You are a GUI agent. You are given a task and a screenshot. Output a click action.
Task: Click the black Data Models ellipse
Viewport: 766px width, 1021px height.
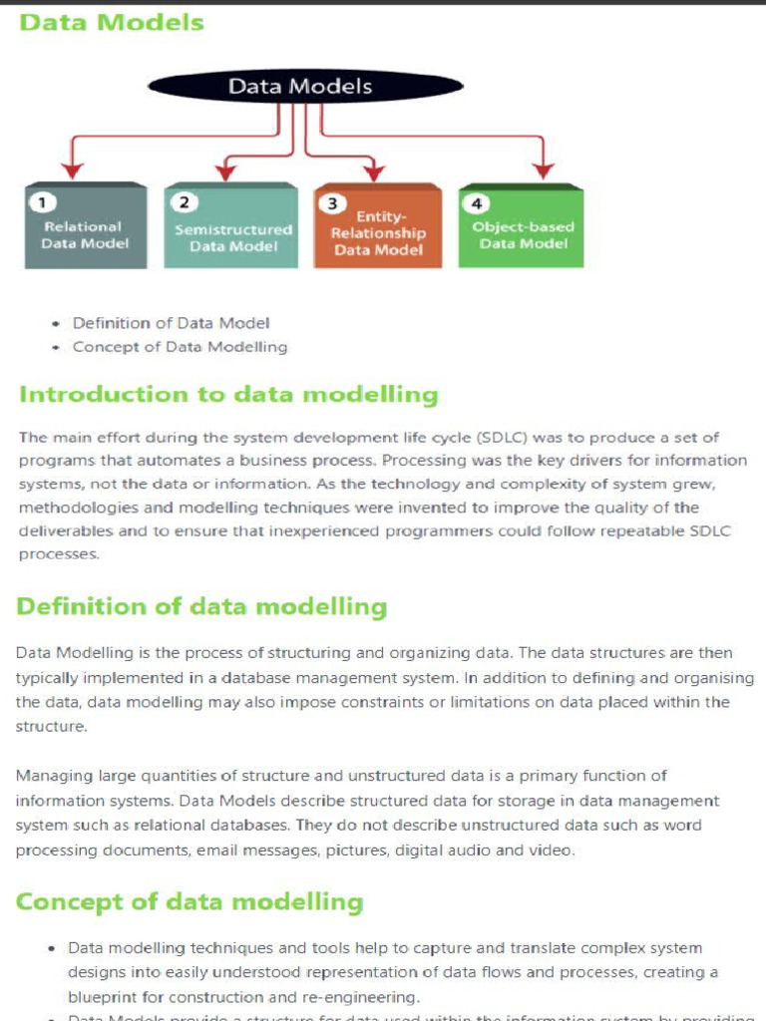click(300, 86)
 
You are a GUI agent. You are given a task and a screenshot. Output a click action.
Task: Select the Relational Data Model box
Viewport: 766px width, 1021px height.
click(85, 227)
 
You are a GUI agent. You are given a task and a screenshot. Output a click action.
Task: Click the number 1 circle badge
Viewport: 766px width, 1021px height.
click(42, 202)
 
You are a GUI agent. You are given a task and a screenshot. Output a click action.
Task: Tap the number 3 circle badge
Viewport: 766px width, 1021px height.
click(331, 203)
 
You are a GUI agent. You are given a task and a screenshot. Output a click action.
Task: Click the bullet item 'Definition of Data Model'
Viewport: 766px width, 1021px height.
click(171, 323)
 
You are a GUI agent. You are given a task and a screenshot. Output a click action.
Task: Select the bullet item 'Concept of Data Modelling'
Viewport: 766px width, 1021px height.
click(180, 347)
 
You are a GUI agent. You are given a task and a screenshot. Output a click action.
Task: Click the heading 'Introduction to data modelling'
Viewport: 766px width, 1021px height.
click(228, 394)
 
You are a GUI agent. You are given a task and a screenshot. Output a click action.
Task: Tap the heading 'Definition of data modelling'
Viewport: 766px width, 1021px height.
click(201, 606)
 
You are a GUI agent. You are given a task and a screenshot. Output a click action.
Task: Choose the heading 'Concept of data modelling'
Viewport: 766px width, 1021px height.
click(190, 902)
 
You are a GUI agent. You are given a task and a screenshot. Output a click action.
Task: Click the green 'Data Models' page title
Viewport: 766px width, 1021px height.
click(112, 22)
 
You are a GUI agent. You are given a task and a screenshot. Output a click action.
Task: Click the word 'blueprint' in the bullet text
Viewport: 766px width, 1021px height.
click(105, 996)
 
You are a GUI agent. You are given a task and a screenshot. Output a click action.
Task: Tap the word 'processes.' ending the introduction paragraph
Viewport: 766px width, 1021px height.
click(58, 554)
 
